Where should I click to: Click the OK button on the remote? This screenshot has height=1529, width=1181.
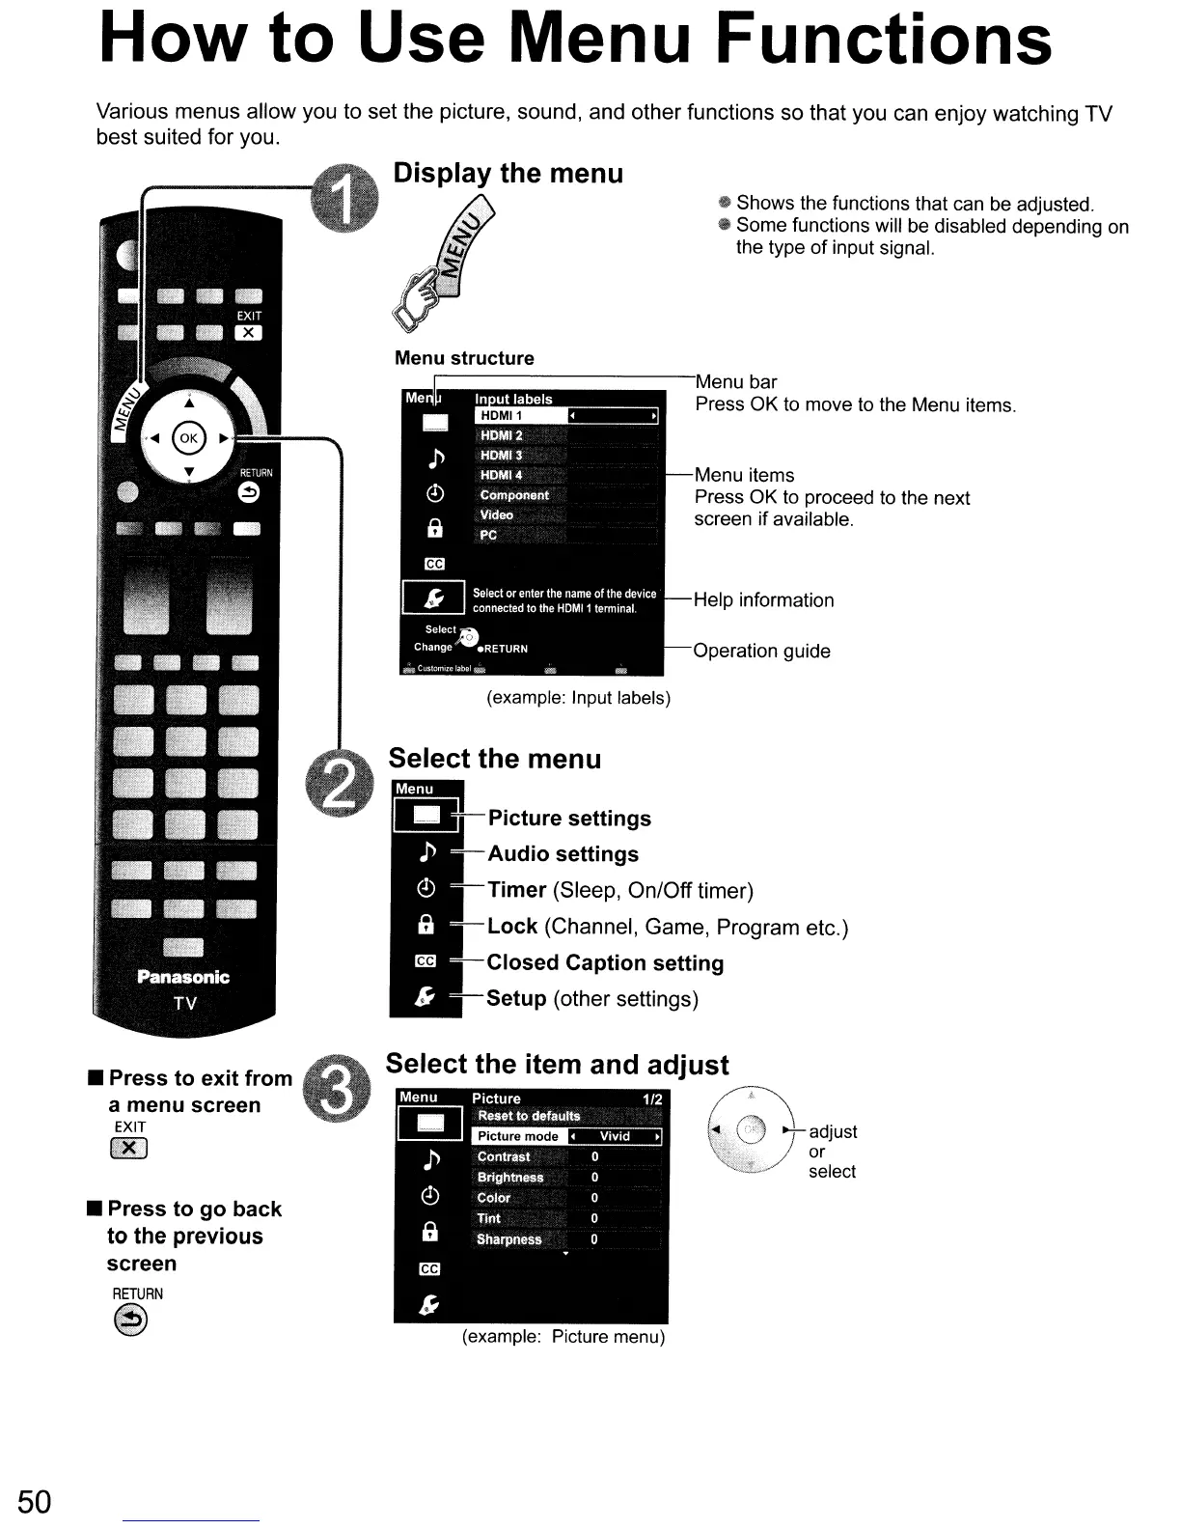[188, 437]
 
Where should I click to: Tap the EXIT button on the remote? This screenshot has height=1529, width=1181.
[248, 333]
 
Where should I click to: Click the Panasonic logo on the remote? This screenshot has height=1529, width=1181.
[183, 977]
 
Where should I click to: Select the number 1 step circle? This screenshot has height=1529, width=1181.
[343, 199]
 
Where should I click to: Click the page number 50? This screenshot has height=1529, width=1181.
[34, 1502]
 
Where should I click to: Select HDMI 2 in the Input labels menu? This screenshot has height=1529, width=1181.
[502, 435]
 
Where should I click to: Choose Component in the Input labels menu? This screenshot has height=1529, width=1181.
[514, 495]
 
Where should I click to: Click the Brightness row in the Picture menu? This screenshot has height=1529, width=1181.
[510, 1178]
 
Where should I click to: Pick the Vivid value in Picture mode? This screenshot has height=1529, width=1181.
[615, 1137]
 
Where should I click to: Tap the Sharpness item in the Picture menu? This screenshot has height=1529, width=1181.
[509, 1239]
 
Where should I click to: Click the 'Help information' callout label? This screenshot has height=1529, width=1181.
[763, 600]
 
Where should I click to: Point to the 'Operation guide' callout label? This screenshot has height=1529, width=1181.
[761, 651]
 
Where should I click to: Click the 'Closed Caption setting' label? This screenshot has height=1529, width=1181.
[605, 962]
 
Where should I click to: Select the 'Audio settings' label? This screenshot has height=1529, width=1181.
[563, 854]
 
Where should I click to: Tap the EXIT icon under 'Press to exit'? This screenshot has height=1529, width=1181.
[129, 1148]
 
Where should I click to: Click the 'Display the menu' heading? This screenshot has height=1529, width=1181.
[508, 174]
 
